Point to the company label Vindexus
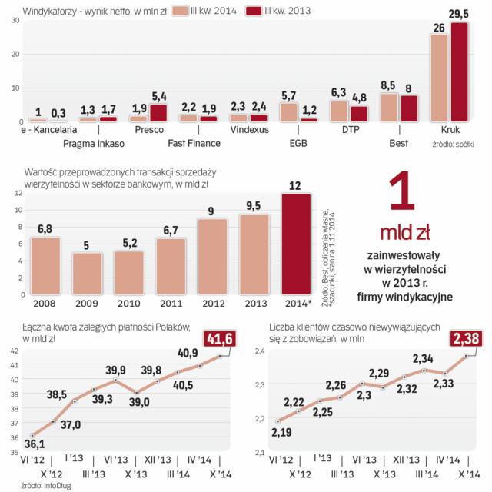pos(247,131)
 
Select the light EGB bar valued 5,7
pos(288,112)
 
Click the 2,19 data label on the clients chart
pos(281,432)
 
